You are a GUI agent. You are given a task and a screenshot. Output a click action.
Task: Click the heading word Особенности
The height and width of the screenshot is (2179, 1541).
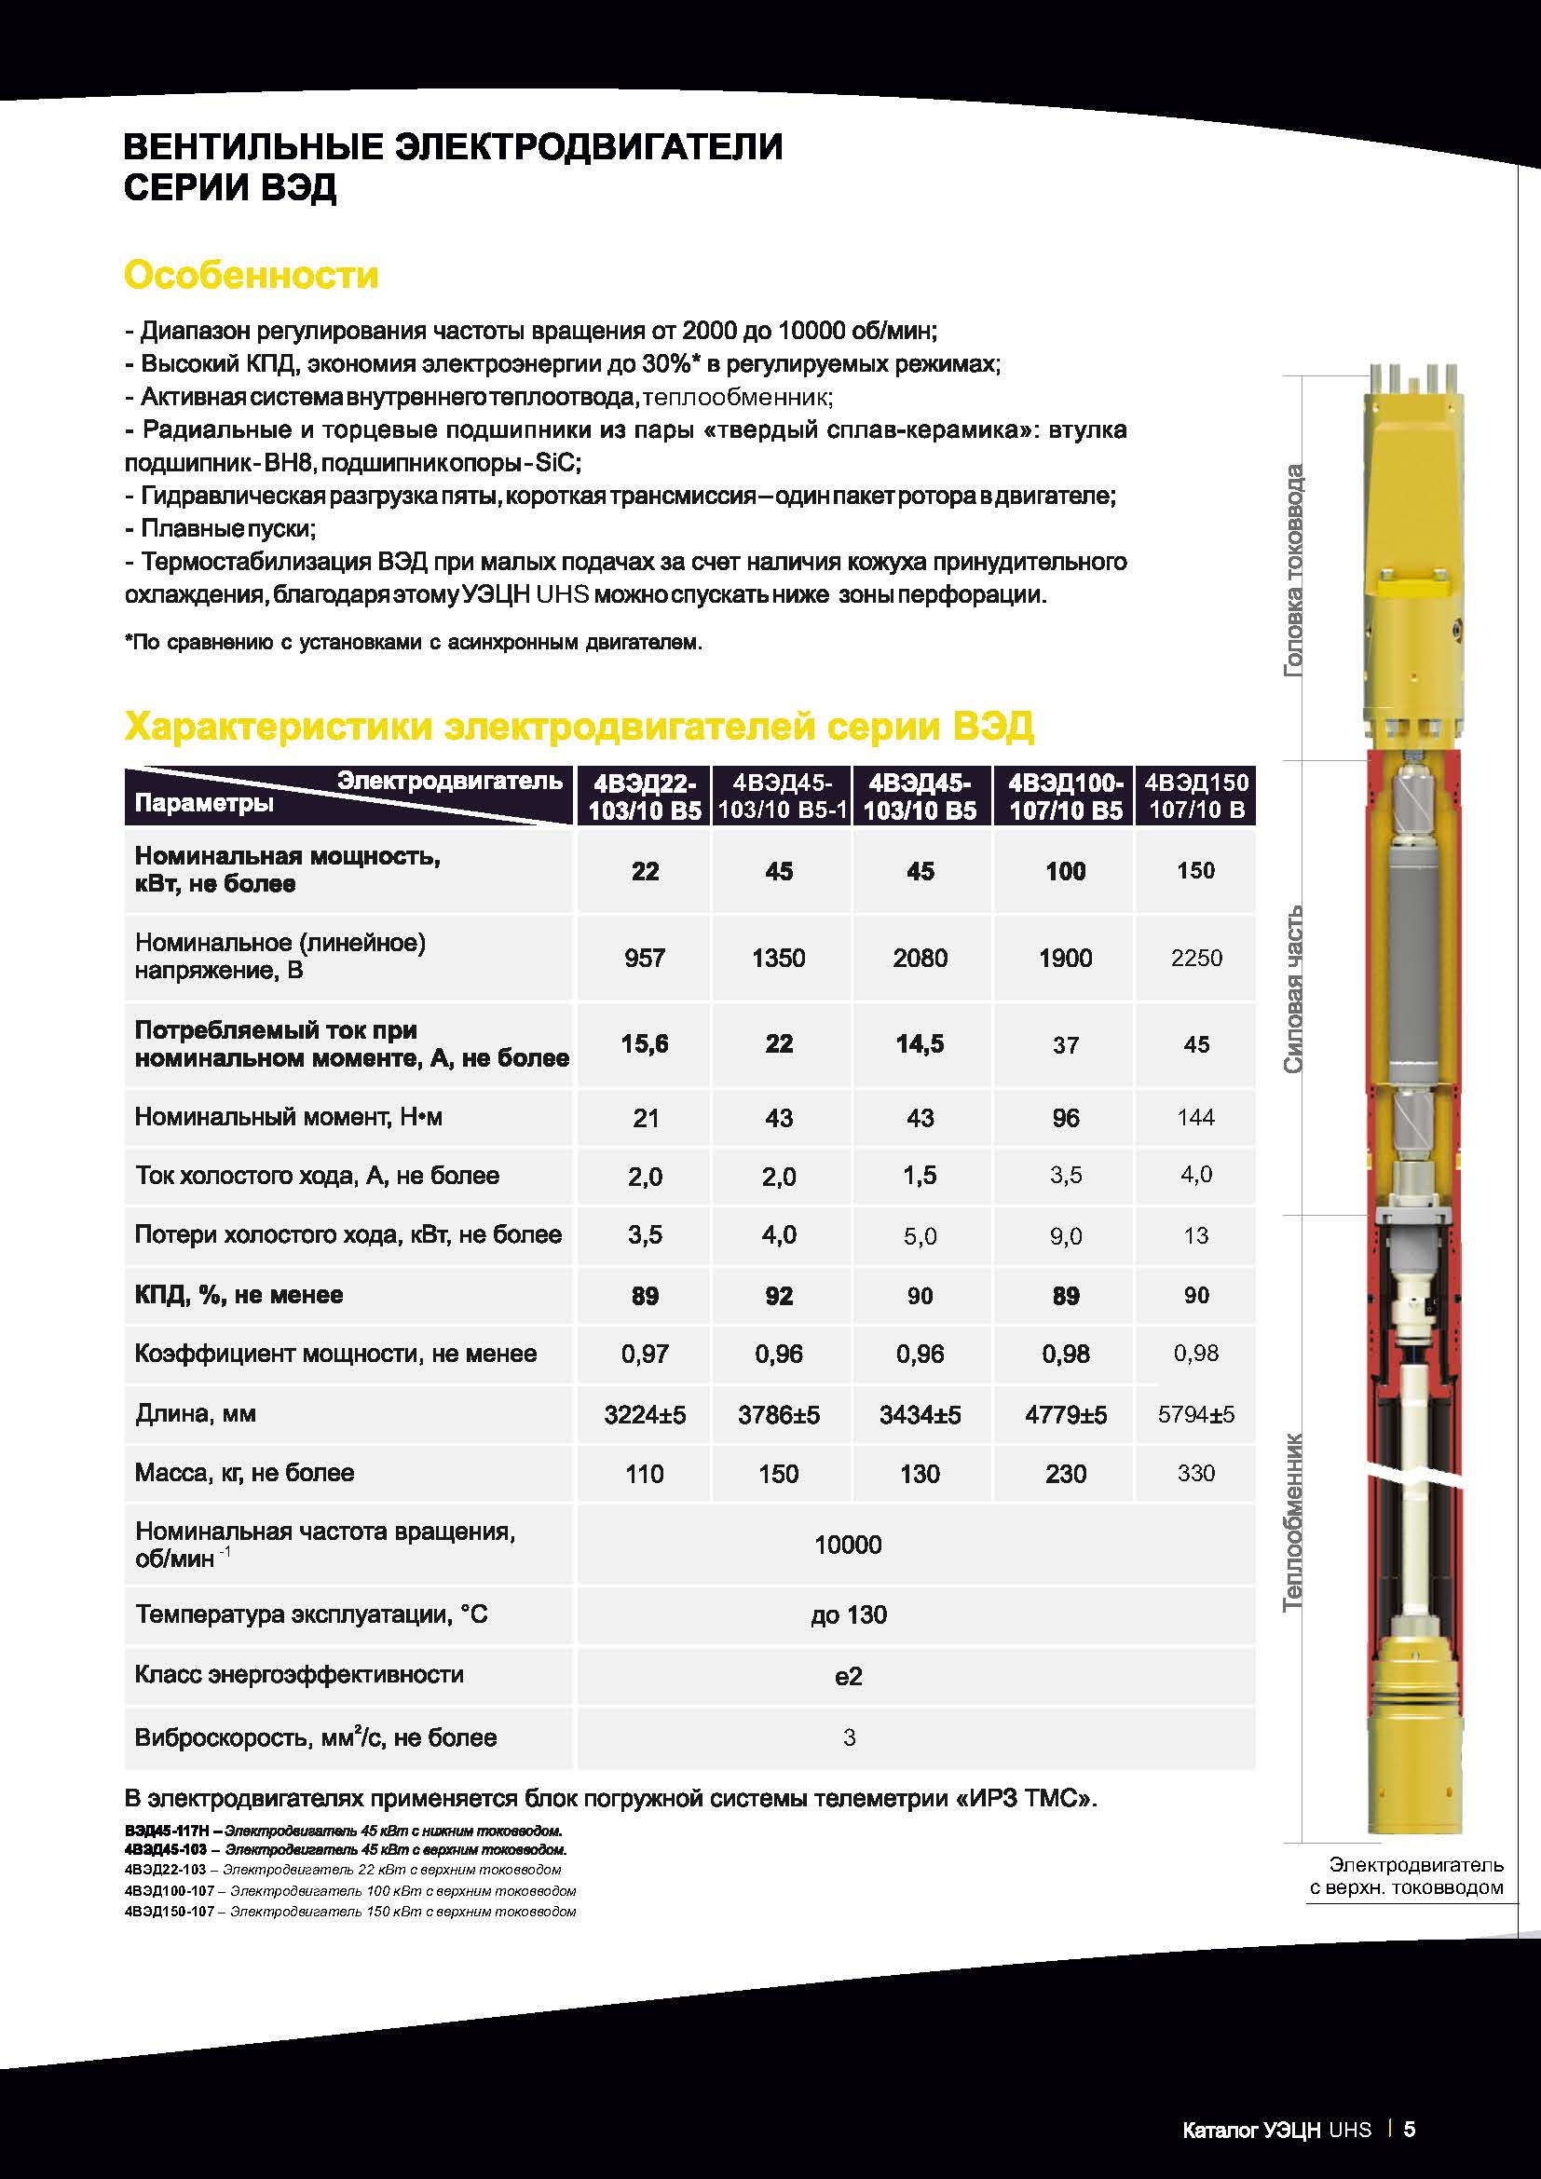pyautogui.click(x=251, y=275)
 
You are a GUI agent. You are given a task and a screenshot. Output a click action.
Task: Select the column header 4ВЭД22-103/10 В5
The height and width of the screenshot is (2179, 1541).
pyautogui.click(x=645, y=797)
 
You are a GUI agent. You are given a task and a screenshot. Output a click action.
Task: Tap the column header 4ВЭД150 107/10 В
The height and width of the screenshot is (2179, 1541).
pyautogui.click(x=1195, y=797)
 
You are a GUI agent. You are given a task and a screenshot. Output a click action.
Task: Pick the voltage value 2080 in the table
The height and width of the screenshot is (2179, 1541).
pyautogui.click(x=920, y=958)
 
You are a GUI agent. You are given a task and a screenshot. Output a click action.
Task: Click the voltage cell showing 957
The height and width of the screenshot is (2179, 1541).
pyautogui.click(x=645, y=958)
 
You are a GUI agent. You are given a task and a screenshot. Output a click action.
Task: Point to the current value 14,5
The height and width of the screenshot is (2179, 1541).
pyautogui.click(x=920, y=1044)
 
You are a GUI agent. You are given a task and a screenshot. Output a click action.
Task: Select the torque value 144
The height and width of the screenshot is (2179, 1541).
pyautogui.click(x=1195, y=1117)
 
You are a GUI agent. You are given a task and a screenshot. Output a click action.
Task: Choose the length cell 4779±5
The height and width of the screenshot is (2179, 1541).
pyautogui.click(x=1066, y=1415)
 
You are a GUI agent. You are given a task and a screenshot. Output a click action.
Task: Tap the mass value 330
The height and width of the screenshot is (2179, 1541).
pyautogui.click(x=1195, y=1473)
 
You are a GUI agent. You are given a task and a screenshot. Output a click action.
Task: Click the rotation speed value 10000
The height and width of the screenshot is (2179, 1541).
pyautogui.click(x=849, y=1545)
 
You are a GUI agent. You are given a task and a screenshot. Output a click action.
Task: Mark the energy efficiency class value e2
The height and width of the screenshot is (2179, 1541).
pyautogui.click(x=849, y=1676)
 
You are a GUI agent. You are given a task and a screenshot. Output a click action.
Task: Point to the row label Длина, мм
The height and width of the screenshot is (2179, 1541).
pyautogui.click(x=196, y=1414)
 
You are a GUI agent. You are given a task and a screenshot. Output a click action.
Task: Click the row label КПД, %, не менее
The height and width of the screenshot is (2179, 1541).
pyautogui.click(x=239, y=1296)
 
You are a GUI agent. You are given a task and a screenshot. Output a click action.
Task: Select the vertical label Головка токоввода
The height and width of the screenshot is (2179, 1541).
pyautogui.click(x=1293, y=570)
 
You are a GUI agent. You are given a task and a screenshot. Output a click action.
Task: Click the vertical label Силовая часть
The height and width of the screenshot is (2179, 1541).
pyautogui.click(x=1293, y=990)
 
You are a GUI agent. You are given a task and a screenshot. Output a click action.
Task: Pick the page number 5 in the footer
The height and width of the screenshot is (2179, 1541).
pyautogui.click(x=1409, y=2129)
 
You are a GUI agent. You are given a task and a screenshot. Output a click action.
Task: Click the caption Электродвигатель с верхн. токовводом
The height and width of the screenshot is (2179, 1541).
pyautogui.click(x=1406, y=1876)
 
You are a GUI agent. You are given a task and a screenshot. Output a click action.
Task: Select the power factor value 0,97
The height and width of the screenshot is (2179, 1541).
pyautogui.click(x=645, y=1355)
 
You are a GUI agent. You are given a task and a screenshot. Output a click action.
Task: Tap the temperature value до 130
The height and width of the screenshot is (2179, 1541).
pyautogui.click(x=849, y=1615)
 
